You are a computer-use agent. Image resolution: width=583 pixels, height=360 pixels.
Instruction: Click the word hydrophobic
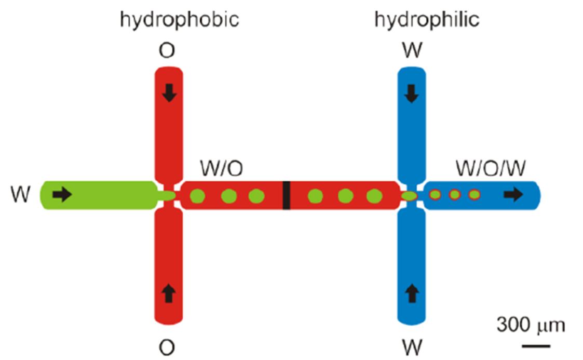[x=179, y=20]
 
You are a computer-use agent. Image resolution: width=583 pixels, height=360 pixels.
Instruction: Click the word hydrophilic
[x=427, y=20]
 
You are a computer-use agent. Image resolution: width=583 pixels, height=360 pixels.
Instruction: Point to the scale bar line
[x=536, y=344]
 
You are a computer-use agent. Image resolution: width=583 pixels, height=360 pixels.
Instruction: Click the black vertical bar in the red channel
[x=286, y=196]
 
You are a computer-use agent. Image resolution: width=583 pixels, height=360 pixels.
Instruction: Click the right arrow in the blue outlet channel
[x=514, y=195]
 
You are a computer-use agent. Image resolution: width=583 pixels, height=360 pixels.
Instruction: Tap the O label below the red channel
[x=167, y=347]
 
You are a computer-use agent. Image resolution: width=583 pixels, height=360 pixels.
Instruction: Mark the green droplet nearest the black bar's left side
[x=256, y=196]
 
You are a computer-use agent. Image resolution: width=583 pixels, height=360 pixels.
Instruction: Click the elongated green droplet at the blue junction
[x=410, y=196]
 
